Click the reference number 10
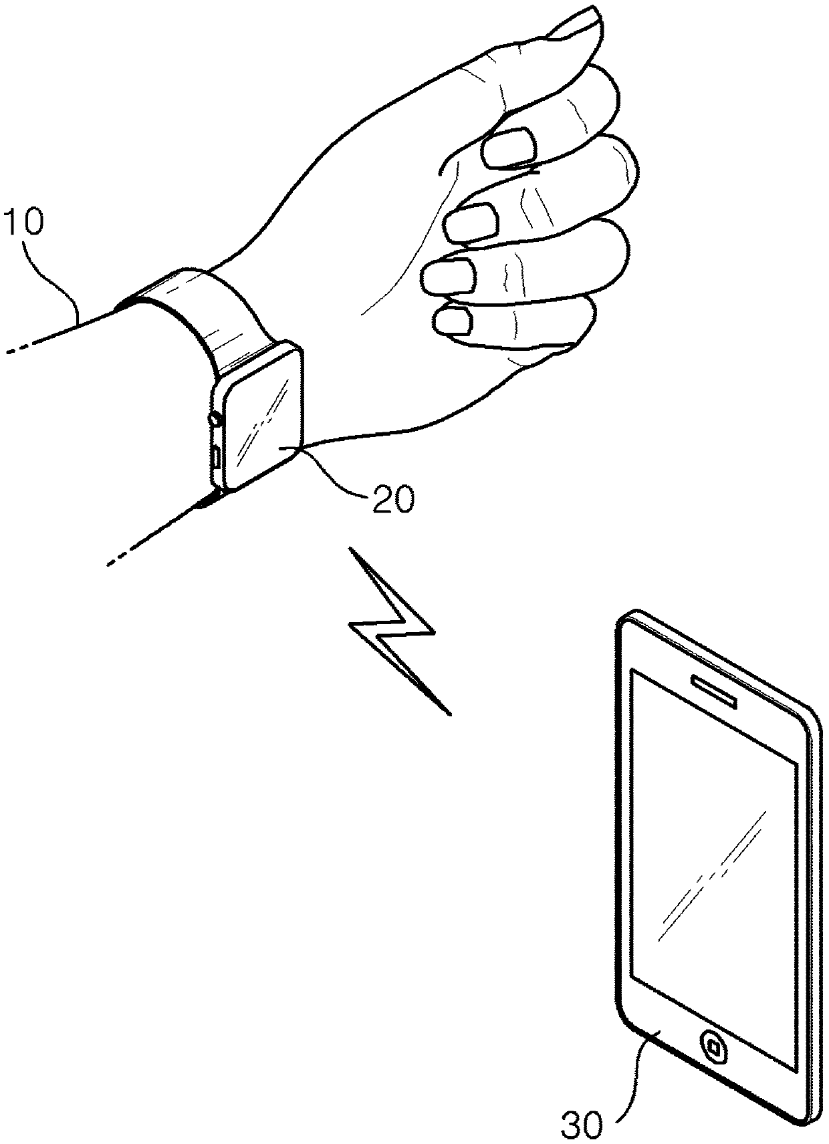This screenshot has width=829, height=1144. tap(24, 223)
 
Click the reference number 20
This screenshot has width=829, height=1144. tap(394, 499)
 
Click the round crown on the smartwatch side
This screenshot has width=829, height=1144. tap(216, 420)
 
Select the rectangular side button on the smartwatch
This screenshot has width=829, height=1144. tap(217, 458)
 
